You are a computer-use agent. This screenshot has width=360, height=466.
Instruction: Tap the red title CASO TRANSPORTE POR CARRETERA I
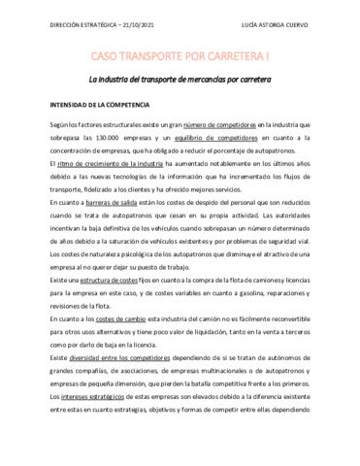(180, 58)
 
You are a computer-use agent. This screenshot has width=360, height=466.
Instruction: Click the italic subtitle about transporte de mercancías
(180, 80)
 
